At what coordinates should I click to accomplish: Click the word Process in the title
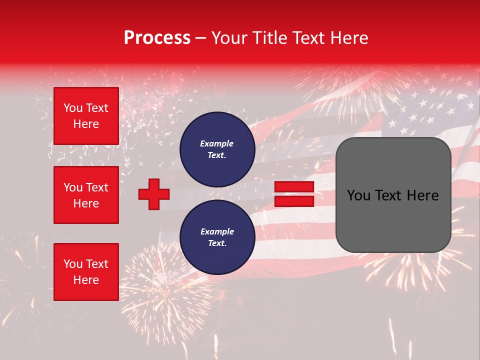tap(157, 38)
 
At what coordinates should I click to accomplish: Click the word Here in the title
tap(347, 38)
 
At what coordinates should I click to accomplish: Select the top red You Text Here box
tap(86, 116)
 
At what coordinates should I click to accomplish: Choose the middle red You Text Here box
tap(86, 195)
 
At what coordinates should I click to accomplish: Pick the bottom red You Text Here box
tap(86, 272)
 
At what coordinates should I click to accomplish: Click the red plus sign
tap(154, 194)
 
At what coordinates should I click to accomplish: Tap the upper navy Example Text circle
tap(217, 149)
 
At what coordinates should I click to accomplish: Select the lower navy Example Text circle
tap(217, 237)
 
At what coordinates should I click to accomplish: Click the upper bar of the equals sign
tap(294, 187)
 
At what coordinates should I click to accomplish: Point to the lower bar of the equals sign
tap(294, 201)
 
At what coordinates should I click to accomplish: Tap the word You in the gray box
tap(358, 195)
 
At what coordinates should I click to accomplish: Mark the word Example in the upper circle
tap(217, 143)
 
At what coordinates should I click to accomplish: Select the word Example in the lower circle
tap(217, 231)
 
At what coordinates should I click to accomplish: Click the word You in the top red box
tap(72, 108)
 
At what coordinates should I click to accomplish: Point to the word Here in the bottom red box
tap(86, 280)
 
